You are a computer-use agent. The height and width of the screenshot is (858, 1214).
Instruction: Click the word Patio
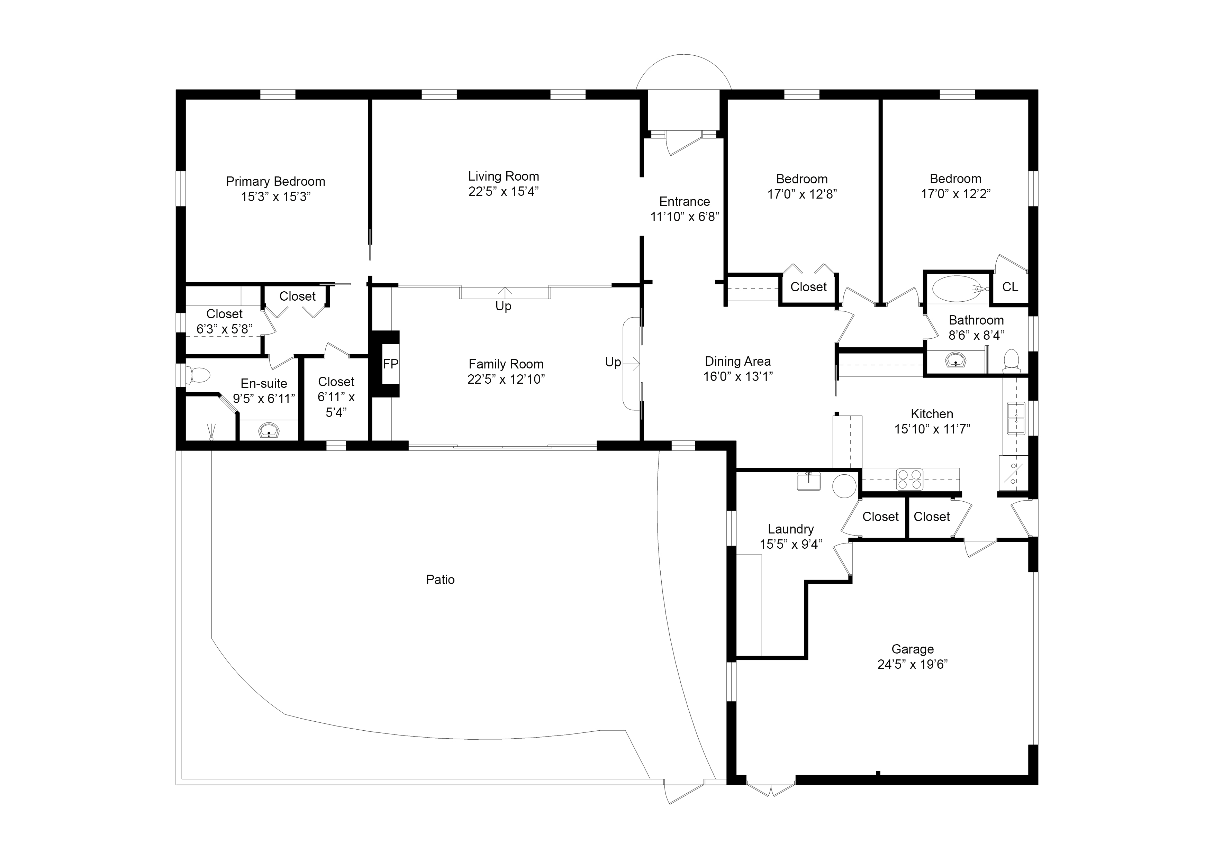pos(440,580)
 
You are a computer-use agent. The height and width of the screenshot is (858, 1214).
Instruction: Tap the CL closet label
pos(1010,287)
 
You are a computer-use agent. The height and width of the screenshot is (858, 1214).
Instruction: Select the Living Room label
pos(504,176)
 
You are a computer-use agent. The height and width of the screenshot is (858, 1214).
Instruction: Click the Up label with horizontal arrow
pos(613,363)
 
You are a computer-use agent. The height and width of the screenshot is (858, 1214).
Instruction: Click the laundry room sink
pos(808,481)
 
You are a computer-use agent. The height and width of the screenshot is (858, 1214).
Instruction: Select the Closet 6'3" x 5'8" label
pos(224,321)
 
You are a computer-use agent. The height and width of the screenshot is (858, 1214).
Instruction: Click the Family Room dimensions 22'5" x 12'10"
pos(506,379)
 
